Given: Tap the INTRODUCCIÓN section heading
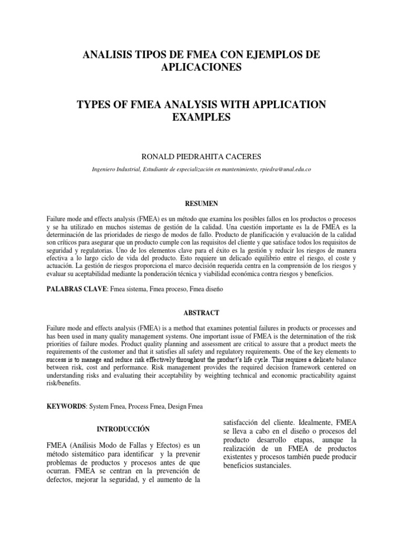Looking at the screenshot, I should click(124, 428).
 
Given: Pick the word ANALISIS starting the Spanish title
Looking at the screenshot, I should click(101, 55).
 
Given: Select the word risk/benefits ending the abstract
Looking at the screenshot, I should click(65, 384).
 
